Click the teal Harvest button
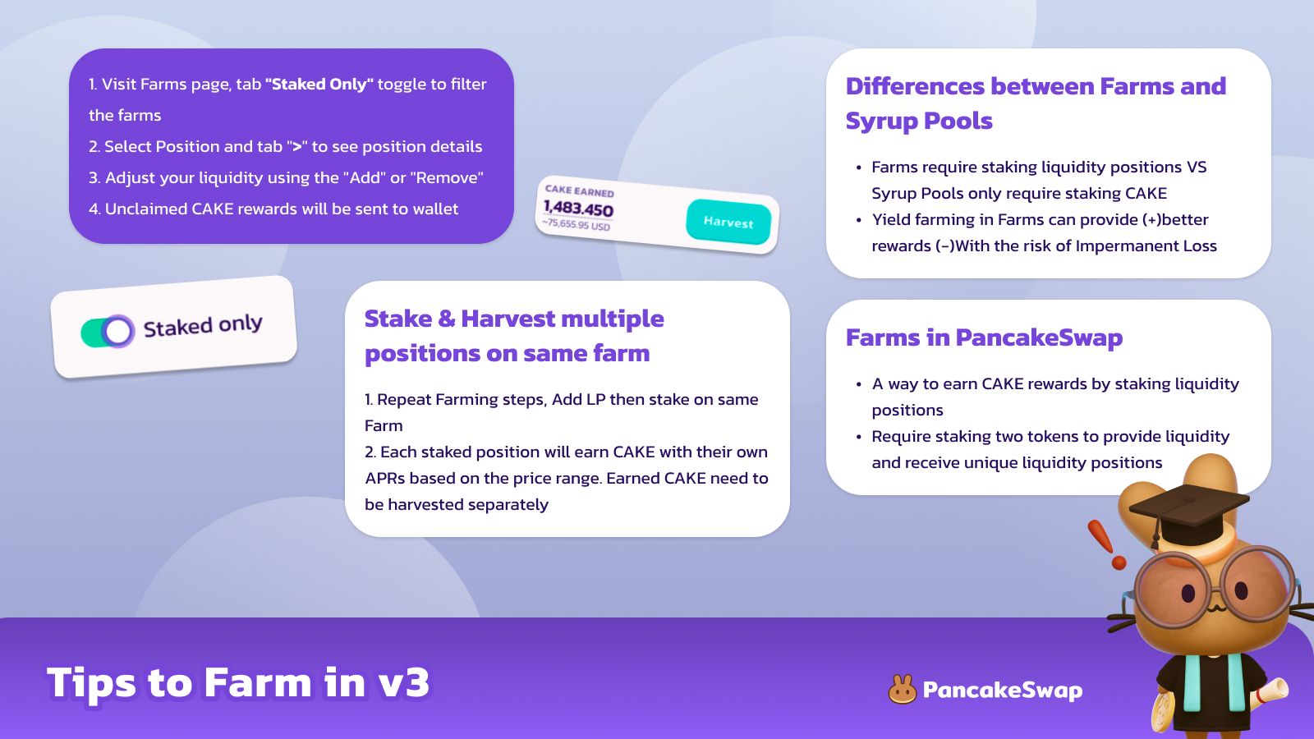728,222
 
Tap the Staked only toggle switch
108,332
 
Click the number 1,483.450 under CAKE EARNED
578,209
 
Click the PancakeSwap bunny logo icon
903,689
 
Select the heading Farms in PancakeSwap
985,337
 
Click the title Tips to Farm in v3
238,682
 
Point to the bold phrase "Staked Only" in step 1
319,84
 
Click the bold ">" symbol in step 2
296,146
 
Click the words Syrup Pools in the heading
919,121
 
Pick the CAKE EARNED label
580,190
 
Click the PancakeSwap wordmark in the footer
1003,691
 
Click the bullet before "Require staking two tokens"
859,437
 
